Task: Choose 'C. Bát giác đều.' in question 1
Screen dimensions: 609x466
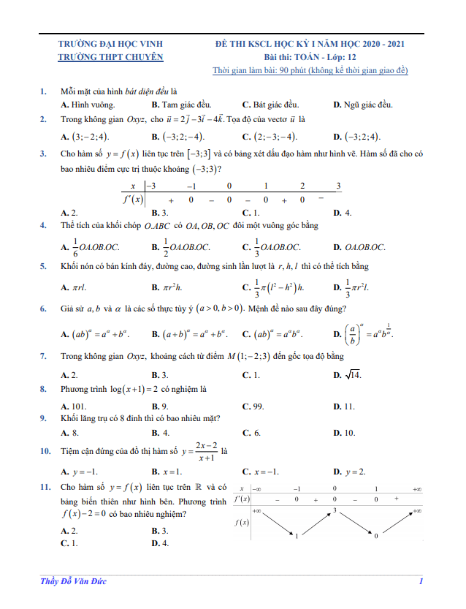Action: [270, 105]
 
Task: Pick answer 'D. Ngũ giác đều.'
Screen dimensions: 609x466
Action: [363, 105]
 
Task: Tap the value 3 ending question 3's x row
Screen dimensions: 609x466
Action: [338, 186]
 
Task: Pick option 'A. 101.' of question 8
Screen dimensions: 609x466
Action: [75, 406]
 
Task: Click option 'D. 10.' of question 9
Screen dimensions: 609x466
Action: [344, 433]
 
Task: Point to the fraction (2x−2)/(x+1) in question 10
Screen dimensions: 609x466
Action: [207, 450]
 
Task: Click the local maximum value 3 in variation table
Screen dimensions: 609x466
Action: [335, 509]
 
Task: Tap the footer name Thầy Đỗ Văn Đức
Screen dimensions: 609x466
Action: [75, 581]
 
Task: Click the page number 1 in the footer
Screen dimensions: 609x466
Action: [421, 581]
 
